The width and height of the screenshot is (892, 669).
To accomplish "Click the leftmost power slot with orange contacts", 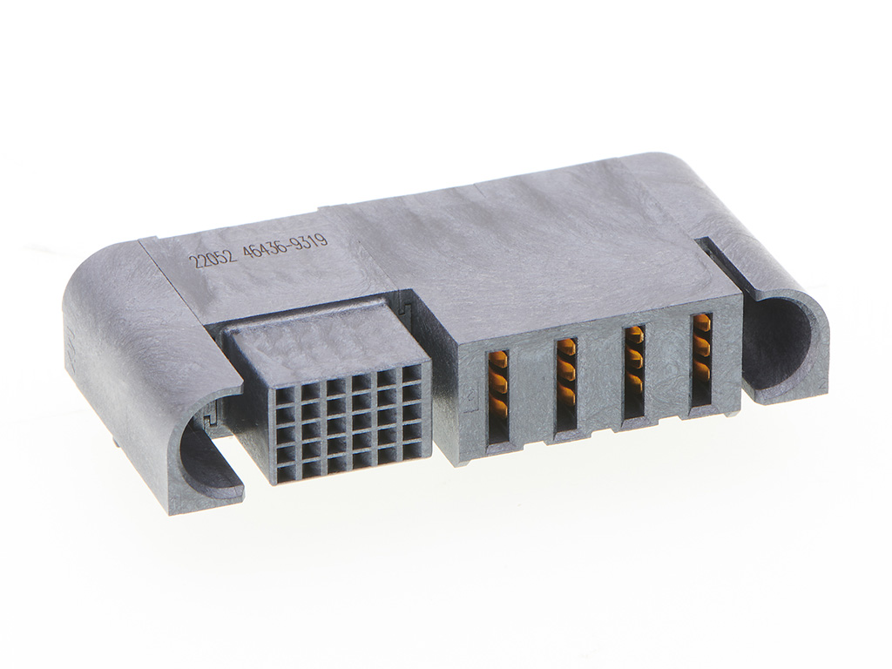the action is point(496,397).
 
